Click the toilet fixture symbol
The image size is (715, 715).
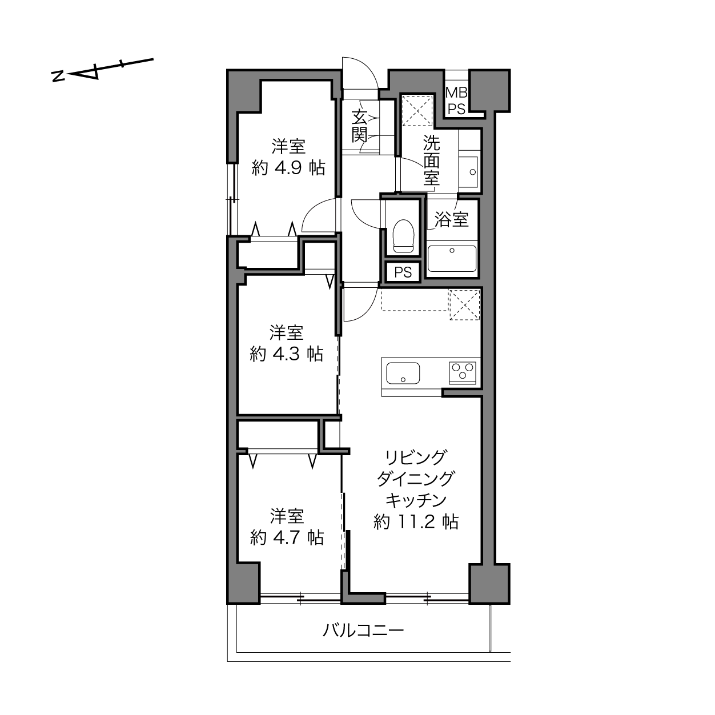(x=403, y=236)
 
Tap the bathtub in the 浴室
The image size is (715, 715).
(x=452, y=259)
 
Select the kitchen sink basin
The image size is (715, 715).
(x=403, y=373)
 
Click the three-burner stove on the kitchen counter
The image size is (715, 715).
(x=463, y=372)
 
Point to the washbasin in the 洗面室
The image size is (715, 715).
(x=469, y=172)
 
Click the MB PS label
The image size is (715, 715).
(x=456, y=101)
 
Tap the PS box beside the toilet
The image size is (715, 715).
(x=403, y=272)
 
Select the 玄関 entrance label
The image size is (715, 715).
(x=359, y=127)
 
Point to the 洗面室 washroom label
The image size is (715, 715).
(x=432, y=160)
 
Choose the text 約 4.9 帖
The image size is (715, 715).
(x=288, y=169)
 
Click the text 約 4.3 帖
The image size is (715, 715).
(x=287, y=354)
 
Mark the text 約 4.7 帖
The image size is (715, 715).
(x=287, y=538)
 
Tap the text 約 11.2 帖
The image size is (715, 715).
(x=416, y=522)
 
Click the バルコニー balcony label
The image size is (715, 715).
(x=363, y=630)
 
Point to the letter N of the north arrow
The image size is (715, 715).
(x=58, y=76)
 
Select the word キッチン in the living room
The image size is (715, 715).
(x=416, y=500)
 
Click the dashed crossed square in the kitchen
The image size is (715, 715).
(x=464, y=304)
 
